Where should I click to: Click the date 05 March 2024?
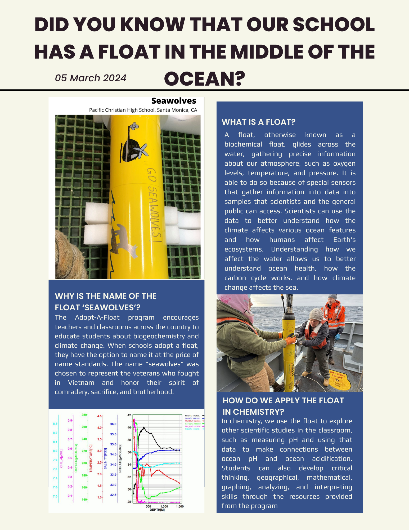91,78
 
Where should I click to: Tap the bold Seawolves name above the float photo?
174,101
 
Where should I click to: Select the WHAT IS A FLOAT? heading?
258,122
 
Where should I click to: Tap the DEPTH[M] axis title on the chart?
157,510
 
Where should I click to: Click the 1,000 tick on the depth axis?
164,506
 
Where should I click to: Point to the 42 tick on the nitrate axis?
129,415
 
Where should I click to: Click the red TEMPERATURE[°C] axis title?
91,458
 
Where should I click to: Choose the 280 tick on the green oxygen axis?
84,415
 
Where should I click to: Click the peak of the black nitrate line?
144,427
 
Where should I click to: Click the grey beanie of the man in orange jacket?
332,297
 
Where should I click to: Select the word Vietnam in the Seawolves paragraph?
81,383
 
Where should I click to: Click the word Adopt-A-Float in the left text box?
97,317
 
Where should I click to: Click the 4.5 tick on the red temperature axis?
100,416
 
